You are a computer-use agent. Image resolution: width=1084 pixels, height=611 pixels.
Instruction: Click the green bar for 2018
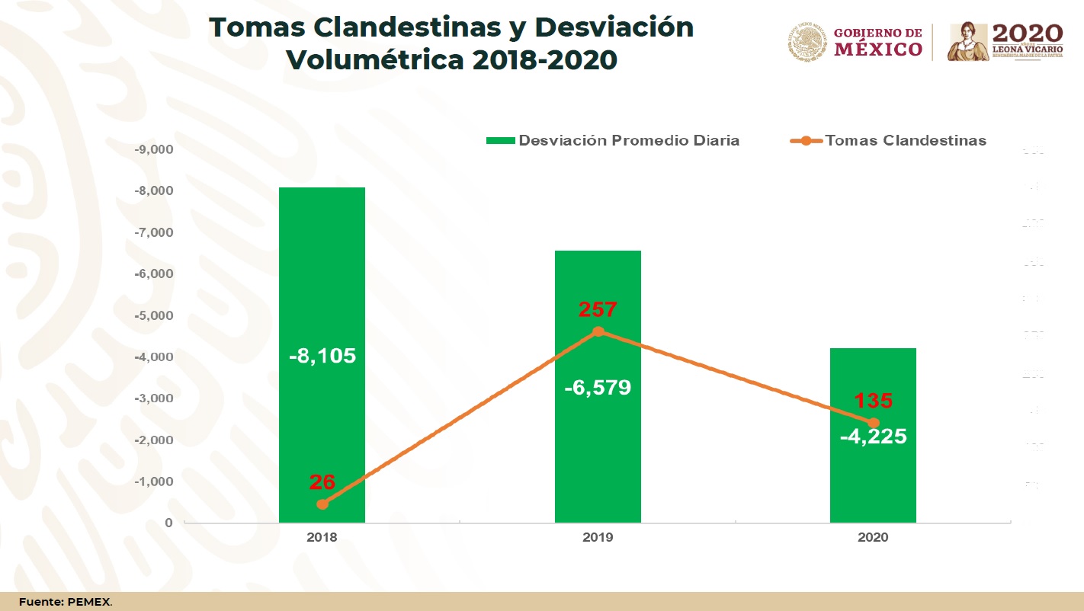pyautogui.click(x=322, y=274)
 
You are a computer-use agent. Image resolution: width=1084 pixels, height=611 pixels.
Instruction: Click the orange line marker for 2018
pyautogui.click(x=322, y=504)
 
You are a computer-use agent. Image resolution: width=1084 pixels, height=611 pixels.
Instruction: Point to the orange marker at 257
pyautogui.click(x=598, y=331)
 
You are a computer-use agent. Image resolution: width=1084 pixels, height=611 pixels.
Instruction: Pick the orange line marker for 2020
pyautogui.click(x=874, y=423)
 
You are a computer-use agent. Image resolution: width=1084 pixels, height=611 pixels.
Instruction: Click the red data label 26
pyautogui.click(x=322, y=482)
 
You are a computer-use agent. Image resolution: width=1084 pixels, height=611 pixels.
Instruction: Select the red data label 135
pyautogui.click(x=874, y=401)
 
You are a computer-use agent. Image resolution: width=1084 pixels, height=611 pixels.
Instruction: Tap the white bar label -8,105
pyautogui.click(x=322, y=356)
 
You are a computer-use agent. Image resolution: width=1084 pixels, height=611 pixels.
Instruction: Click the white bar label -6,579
pyautogui.click(x=598, y=388)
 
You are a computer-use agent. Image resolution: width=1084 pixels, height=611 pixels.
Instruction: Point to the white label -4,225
pyautogui.click(x=874, y=437)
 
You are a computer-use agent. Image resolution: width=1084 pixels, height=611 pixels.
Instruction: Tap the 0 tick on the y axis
pyautogui.click(x=168, y=523)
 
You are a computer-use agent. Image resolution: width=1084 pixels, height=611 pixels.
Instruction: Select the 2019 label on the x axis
pyautogui.click(x=598, y=537)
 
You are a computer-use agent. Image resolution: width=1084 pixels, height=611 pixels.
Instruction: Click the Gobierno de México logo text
pyautogui.click(x=877, y=42)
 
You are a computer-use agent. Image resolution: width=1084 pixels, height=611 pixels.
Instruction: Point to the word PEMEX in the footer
pyautogui.click(x=89, y=602)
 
